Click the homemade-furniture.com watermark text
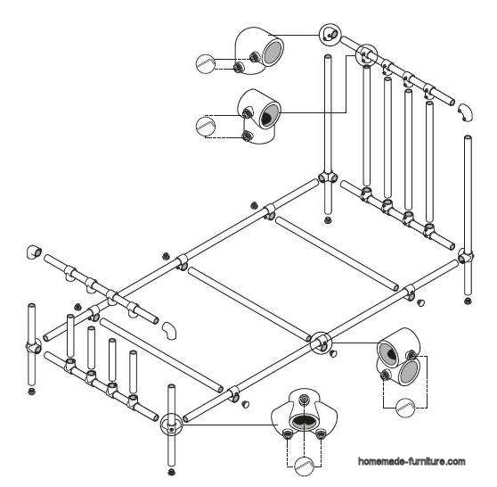pyautogui.click(x=411, y=461)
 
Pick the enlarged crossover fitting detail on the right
pyautogui.click(x=400, y=361)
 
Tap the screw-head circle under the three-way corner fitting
pyautogui.click(x=305, y=465)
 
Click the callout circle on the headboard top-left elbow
pyautogui.click(x=330, y=34)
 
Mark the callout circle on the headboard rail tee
pyautogui.click(x=365, y=55)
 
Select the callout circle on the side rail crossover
pyautogui.click(x=319, y=341)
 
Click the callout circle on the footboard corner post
pyautogui.click(x=170, y=424)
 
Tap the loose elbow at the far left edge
pyautogui.click(x=33, y=252)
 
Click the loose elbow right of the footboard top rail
pyautogui.click(x=167, y=331)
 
